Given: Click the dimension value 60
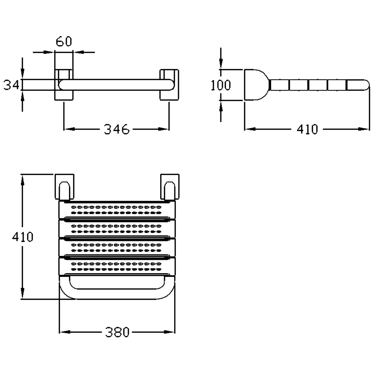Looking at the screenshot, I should click(x=64, y=42).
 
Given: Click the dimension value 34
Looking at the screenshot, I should click(x=11, y=85).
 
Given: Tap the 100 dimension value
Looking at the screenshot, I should click(x=221, y=85).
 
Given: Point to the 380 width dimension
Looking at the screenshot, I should click(x=117, y=332).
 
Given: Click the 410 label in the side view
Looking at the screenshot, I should click(x=307, y=130).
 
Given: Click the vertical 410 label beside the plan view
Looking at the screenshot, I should click(x=22, y=237).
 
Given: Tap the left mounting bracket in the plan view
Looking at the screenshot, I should click(x=64, y=186).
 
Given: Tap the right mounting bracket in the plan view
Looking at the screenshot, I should click(x=170, y=186).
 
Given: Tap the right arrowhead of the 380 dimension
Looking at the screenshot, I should click(x=171, y=332).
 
